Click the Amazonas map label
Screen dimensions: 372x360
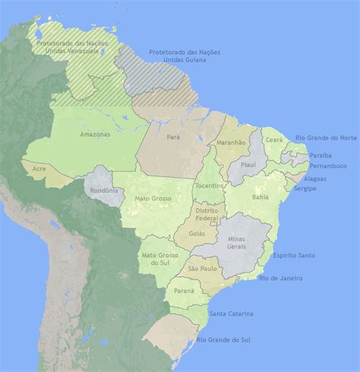pyautogui.click(x=95, y=134)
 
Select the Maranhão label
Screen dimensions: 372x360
pyautogui.click(x=231, y=142)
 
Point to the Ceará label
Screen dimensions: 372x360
pyautogui.click(x=273, y=140)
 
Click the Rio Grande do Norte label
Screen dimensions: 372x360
pyautogui.click(x=327, y=137)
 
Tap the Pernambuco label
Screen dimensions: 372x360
pyautogui.click(x=328, y=166)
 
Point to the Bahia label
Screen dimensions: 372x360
pyautogui.click(x=260, y=197)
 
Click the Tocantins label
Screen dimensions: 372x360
pyautogui.click(x=208, y=185)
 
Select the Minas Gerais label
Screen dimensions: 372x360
pyautogui.click(x=242, y=243)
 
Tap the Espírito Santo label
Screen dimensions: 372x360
pyautogui.click(x=294, y=255)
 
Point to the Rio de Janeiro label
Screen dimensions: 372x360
pyautogui.click(x=280, y=278)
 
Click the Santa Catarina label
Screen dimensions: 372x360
pyautogui.click(x=232, y=314)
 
